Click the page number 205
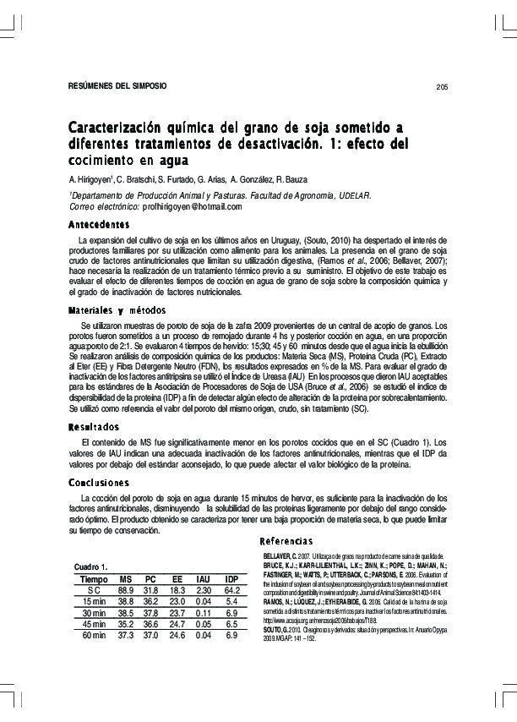point(442,87)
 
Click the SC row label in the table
point(95,589)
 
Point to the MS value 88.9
point(126,589)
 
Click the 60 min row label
point(95,635)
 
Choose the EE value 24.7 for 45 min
point(177,624)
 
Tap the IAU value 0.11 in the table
point(203,612)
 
